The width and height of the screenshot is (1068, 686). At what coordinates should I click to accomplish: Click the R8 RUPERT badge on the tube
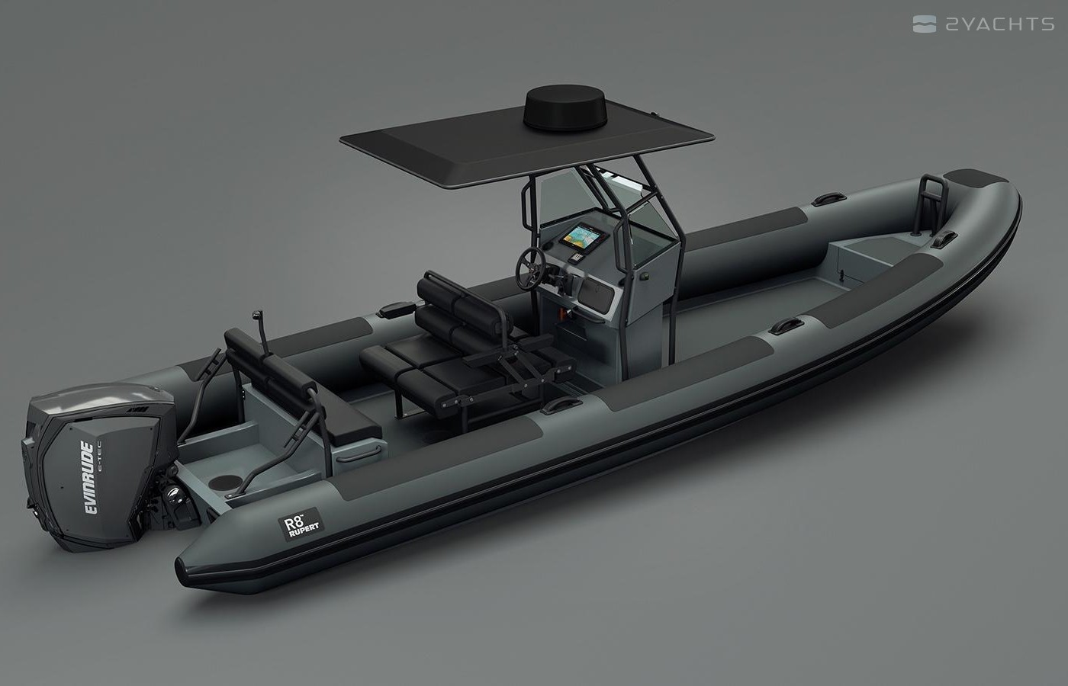coord(301,524)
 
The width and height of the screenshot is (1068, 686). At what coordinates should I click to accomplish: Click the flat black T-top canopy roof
coord(527,143)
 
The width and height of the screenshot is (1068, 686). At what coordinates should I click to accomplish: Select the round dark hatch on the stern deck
coord(221,482)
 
